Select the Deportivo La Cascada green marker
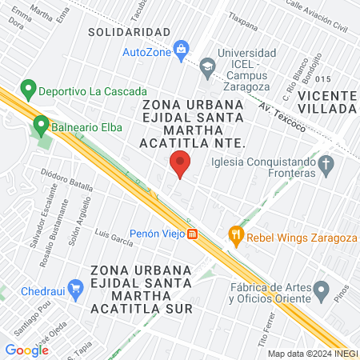pos(29,88)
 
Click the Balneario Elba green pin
pos(41,125)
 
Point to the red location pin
pos(180,166)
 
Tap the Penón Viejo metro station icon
pos(192,234)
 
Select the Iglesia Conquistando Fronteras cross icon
pos(325,166)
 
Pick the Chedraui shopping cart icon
pos(76,287)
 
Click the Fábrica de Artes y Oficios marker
pos(322,288)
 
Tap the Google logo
pos(26,350)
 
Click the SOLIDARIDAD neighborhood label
pos(129,32)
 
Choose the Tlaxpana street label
pos(242,15)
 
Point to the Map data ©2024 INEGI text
pos(312,353)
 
